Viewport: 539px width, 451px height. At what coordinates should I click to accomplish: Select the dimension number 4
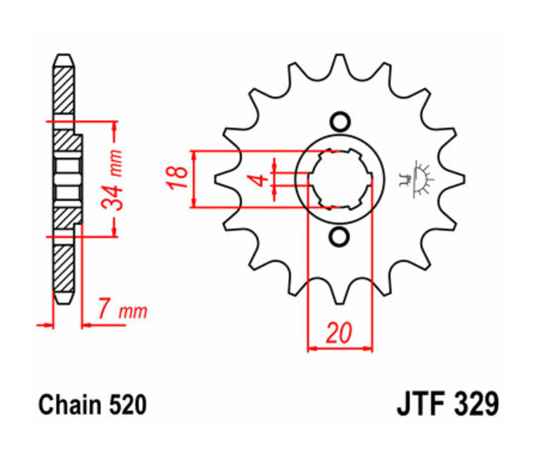259,180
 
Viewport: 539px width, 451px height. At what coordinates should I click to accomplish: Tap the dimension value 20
339,334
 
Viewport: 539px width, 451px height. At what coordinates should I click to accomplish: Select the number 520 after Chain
128,406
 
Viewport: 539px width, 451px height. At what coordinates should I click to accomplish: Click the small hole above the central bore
340,122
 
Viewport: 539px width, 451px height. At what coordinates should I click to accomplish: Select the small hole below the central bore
340,237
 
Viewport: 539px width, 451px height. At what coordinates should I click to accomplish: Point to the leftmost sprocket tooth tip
215,179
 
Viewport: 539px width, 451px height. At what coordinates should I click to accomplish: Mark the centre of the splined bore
340,179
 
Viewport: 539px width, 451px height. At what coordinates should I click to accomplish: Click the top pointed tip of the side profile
63,56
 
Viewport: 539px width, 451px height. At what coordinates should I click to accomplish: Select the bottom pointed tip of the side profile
63,303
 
